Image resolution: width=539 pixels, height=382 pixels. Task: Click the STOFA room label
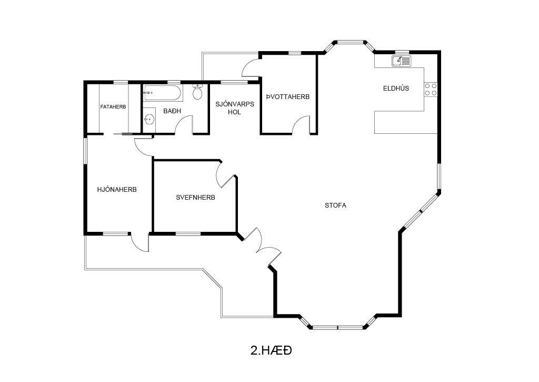click(x=335, y=205)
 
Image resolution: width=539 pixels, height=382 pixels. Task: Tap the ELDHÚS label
click(x=396, y=88)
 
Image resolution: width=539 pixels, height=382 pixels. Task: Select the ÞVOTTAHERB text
click(x=288, y=97)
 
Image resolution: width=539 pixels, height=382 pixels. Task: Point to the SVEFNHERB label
click(x=195, y=198)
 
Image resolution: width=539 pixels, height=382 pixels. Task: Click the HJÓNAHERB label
click(x=117, y=189)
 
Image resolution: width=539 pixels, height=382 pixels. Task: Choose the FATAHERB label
click(x=113, y=106)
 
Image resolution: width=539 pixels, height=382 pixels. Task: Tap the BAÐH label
click(x=172, y=111)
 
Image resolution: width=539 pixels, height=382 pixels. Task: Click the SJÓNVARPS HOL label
click(x=235, y=107)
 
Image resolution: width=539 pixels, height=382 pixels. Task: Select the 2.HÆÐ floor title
click(x=271, y=350)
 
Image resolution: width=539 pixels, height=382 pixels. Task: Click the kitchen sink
click(x=401, y=61)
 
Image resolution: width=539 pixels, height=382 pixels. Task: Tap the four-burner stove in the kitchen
click(x=431, y=89)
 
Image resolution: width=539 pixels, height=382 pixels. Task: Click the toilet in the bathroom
click(x=197, y=92)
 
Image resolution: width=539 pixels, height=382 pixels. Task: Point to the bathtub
click(x=163, y=93)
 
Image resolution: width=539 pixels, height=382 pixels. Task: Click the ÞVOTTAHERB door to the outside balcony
click(x=252, y=68)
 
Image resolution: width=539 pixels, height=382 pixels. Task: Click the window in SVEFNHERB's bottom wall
click(x=188, y=234)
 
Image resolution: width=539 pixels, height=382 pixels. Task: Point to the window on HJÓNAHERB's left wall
click(x=85, y=151)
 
